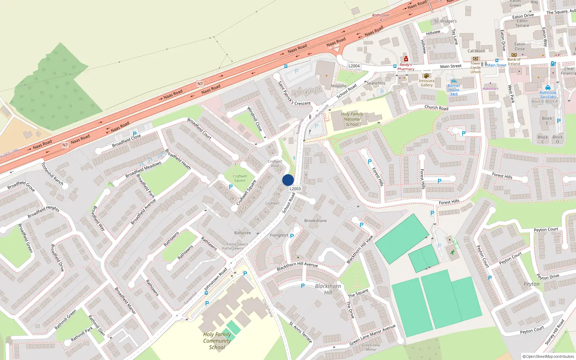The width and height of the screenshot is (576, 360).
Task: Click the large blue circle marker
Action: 288,180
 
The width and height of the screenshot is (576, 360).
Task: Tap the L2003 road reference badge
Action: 295,189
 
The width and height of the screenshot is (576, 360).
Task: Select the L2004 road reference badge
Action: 354,66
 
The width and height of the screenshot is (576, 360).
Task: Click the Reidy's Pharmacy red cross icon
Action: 406,59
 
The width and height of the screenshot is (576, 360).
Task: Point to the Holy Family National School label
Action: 352,119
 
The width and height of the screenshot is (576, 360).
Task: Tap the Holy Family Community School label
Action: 217,341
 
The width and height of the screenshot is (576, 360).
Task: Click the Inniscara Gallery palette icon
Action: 427,76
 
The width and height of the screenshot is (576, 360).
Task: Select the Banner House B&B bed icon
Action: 454,81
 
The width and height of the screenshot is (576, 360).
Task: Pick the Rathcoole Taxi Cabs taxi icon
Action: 548,87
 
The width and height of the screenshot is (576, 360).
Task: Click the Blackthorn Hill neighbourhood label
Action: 328,289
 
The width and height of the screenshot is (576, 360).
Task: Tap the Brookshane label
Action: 315,221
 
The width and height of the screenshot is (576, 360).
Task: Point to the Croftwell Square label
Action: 240,178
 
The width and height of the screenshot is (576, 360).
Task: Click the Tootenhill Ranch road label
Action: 53,174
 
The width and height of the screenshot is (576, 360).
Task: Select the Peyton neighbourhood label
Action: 531,284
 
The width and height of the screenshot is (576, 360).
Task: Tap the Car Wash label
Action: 476,51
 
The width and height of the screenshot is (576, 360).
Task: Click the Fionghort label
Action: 279,235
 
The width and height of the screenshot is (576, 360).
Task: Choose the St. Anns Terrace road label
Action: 301,332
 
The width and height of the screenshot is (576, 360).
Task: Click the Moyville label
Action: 338,86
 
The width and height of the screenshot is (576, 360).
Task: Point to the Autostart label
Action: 490,89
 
